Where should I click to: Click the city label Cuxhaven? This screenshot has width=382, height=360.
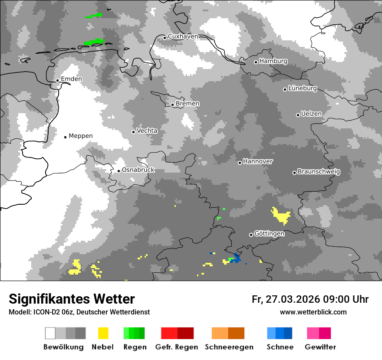click(183, 36)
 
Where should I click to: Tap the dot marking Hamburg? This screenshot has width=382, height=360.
click(256, 62)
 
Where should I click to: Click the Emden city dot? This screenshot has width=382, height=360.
click(57, 80)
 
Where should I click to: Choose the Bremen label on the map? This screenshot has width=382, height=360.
click(188, 104)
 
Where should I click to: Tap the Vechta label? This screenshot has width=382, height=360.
click(147, 131)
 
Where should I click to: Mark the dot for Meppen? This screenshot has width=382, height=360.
click(66, 137)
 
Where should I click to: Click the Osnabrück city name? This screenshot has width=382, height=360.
click(138, 170)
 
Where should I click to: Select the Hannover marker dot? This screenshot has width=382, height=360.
click(240, 163)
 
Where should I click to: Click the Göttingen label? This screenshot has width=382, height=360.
click(269, 234)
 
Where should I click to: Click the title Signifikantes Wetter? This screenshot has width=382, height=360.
click(72, 299)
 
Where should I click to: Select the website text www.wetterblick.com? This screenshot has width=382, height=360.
click(313, 312)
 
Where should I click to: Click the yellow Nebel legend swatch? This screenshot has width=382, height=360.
click(103, 333)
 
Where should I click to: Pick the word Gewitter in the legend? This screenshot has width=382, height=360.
click(320, 347)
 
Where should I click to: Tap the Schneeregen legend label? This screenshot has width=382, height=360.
click(228, 347)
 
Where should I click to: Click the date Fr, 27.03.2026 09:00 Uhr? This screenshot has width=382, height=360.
click(310, 299)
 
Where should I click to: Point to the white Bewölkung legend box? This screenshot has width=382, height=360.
click(50, 333)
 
